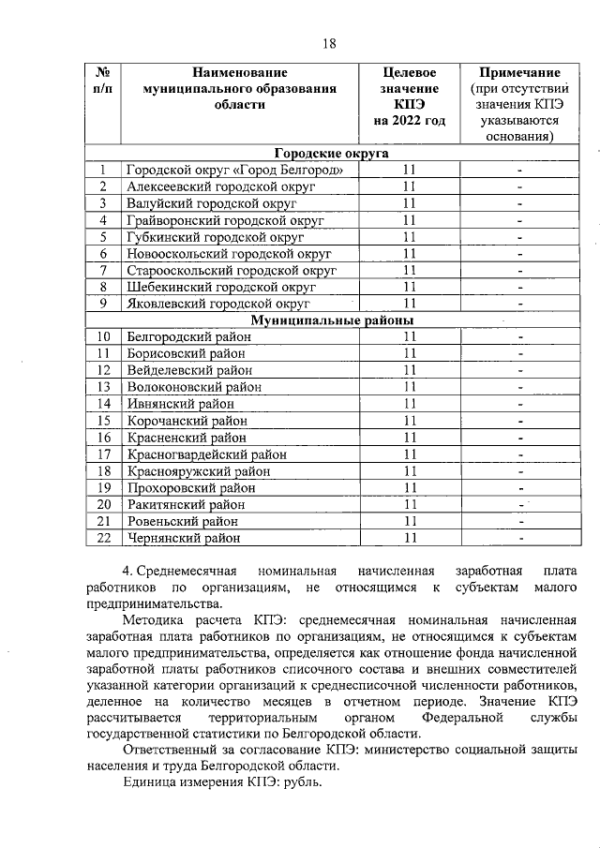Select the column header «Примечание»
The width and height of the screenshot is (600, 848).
(x=519, y=72)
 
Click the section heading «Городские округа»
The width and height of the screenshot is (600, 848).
(x=332, y=154)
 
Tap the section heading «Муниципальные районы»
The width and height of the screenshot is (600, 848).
(x=332, y=320)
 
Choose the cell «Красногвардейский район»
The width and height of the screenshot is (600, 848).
(x=205, y=454)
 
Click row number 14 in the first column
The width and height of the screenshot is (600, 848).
(x=103, y=404)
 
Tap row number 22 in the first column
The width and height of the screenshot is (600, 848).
(x=103, y=538)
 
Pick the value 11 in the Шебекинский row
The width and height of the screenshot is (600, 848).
(x=409, y=287)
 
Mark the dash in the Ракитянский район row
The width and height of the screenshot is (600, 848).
(x=519, y=505)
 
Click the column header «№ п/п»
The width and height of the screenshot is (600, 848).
(x=103, y=80)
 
